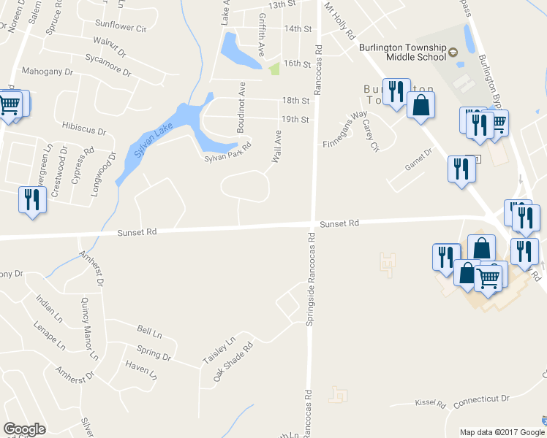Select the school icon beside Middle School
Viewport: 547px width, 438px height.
(x=453, y=52)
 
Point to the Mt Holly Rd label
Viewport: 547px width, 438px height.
(x=340, y=22)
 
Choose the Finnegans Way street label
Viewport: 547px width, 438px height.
(x=345, y=129)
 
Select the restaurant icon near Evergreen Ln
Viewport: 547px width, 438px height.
(x=32, y=199)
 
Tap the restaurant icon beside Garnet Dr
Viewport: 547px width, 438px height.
(x=461, y=169)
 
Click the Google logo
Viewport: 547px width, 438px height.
(x=25, y=429)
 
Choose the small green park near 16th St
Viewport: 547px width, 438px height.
(x=274, y=69)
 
